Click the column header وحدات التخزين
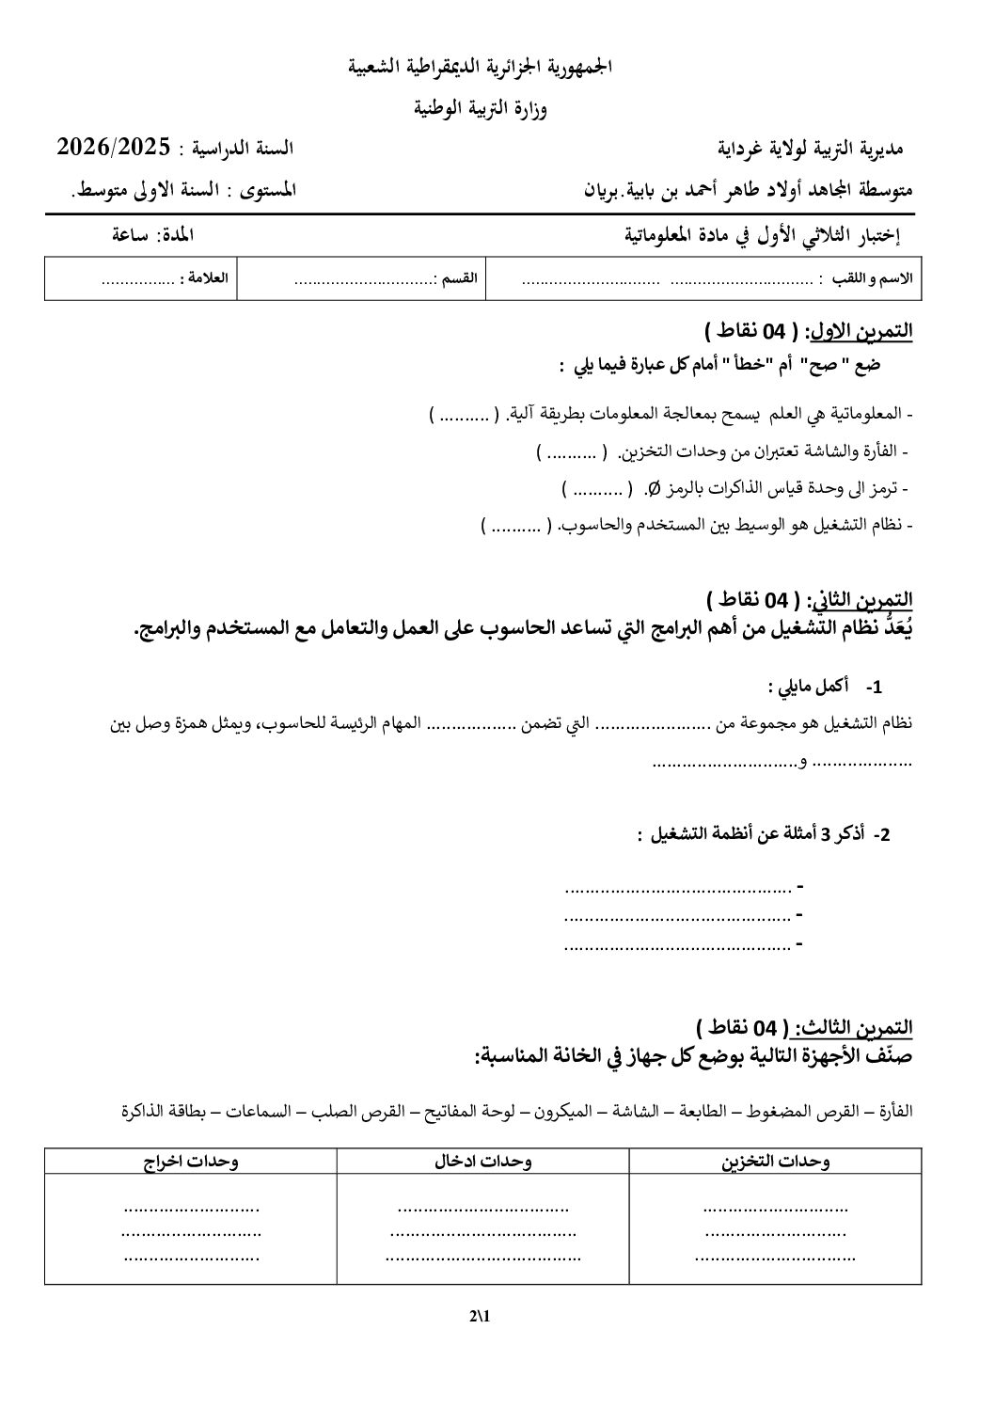click(x=775, y=1161)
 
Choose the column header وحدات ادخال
click(x=482, y=1161)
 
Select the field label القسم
click(x=456, y=279)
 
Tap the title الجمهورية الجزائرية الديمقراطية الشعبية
click(x=481, y=68)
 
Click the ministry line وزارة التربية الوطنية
click(x=481, y=109)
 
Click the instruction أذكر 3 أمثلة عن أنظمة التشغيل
click(x=752, y=833)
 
